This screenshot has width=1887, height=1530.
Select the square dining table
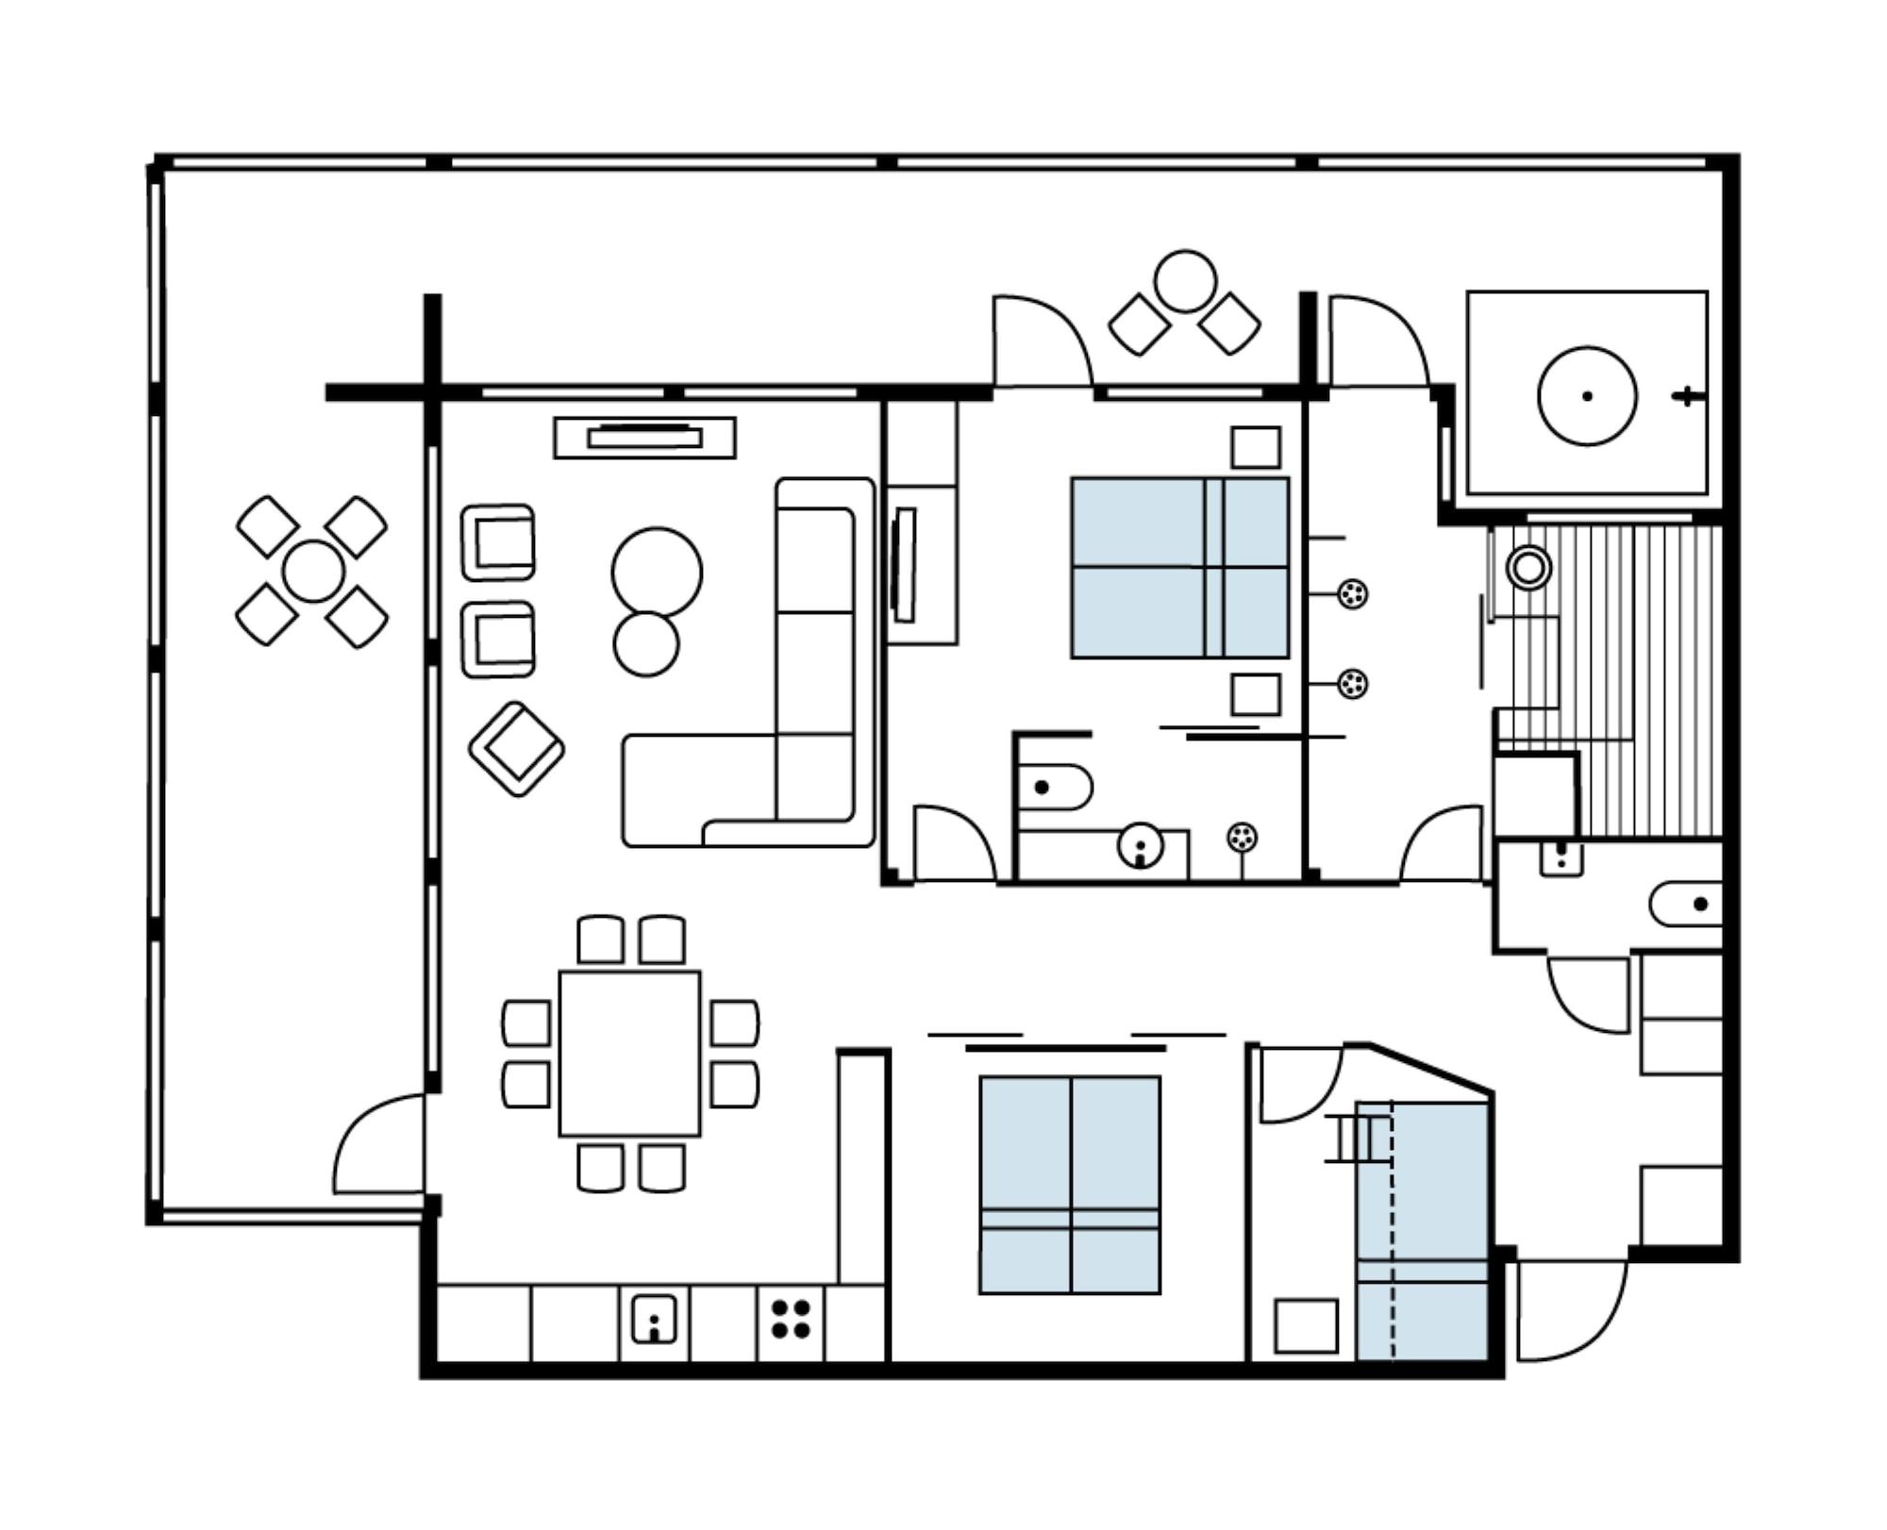(x=629, y=1054)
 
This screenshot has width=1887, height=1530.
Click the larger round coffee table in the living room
(x=657, y=573)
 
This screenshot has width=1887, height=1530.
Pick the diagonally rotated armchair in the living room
(x=516, y=749)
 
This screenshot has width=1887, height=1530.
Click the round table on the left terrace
(x=313, y=572)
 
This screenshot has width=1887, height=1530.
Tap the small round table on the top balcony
(x=1185, y=281)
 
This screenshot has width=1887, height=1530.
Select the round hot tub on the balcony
(x=1587, y=395)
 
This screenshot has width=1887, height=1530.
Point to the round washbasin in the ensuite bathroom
(x=1141, y=845)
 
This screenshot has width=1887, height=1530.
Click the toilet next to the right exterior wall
(x=1687, y=905)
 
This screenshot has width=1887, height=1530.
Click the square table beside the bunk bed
(x=1306, y=1326)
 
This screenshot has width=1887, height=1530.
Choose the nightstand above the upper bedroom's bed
(x=1256, y=447)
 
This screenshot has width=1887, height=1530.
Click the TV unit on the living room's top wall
(x=644, y=438)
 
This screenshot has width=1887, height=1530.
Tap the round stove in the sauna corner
(x=1528, y=568)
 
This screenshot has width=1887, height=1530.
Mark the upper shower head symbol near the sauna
(x=1353, y=594)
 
